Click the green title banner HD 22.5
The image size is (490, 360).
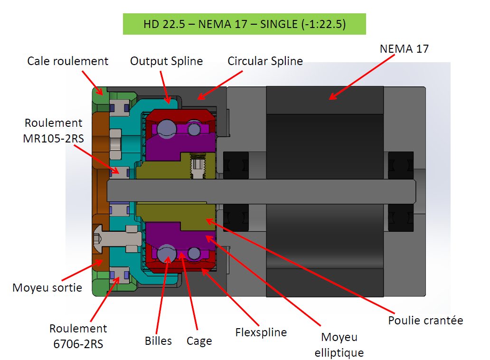244,24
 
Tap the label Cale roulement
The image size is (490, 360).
67,61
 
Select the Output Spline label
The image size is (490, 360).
166,61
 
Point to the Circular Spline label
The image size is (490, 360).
265,61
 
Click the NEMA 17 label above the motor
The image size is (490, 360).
404,49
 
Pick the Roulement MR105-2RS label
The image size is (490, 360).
53,130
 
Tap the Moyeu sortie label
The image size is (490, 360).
47,287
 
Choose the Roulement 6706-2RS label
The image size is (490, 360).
78,335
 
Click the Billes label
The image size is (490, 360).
158,341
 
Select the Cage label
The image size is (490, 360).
199,341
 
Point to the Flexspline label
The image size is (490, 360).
261,332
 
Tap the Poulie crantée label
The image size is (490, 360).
425,320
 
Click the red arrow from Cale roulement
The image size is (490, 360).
92,82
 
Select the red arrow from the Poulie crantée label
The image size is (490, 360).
304,266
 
